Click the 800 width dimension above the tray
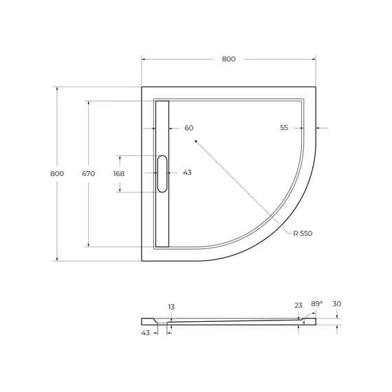pos(228,59)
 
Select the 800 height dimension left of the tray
pos(57,173)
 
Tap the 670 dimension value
pos(88,173)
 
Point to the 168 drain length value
pos(119,173)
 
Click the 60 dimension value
pos(189,128)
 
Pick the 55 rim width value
pos(284,128)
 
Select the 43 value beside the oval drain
pos(187,173)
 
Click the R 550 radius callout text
pos(302,234)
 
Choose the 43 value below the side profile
pos(145,334)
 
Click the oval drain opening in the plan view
pos(162,173)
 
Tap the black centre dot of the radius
pos(196,142)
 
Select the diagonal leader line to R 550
pos(241,185)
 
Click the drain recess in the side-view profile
pos(164,320)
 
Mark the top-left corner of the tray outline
pos(142,87)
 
